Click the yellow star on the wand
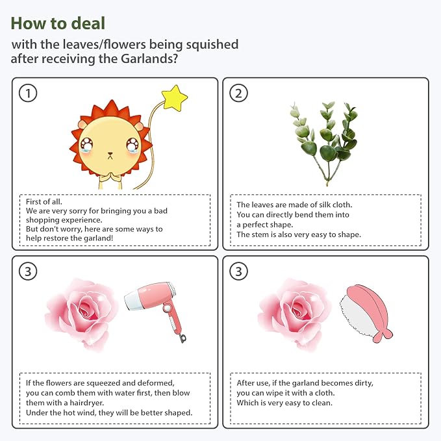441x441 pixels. pos(174,97)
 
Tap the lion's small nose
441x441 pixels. pos(110,154)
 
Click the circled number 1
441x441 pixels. pos(28,93)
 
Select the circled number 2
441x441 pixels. pos(238,93)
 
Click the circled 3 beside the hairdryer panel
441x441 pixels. pos(28,271)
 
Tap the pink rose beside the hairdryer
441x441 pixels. pos(82,314)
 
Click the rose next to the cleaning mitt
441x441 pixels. pos(294,314)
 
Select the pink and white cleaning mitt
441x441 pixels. pos(366,313)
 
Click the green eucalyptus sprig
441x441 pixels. pos(324,143)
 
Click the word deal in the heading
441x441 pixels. pos(88,23)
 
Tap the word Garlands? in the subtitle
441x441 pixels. pos(149,59)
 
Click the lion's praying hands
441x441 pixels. pos(110,177)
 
